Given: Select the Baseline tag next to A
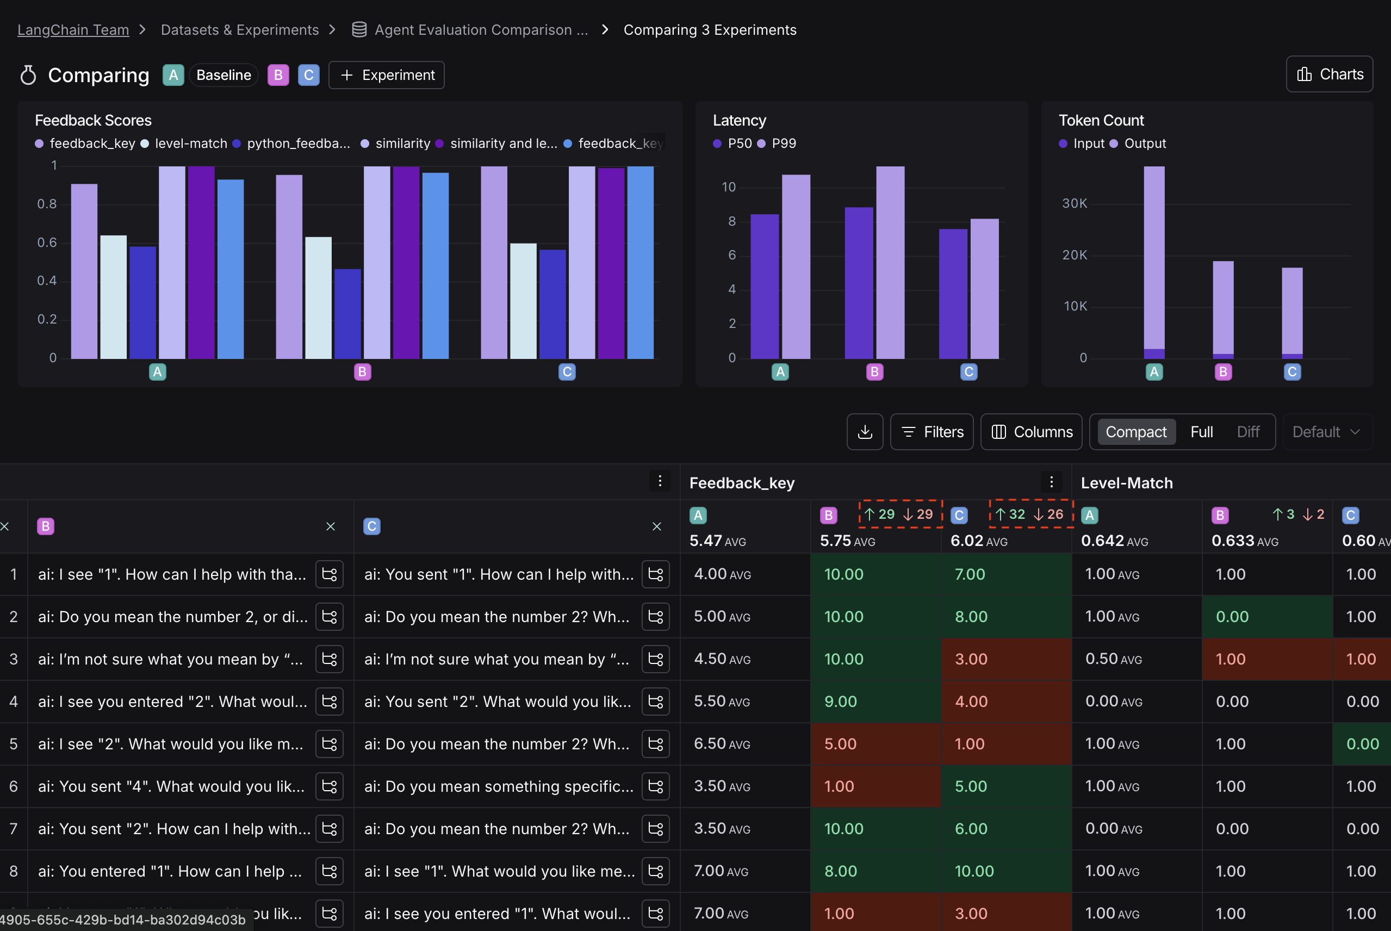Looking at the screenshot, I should [223, 76].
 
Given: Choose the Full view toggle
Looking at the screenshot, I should [1201, 432].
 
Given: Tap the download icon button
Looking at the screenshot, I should [865, 432].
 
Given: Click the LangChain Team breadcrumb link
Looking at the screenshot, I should [73, 30].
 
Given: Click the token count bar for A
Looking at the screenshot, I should [1153, 261].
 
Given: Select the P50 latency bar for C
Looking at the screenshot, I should [952, 293].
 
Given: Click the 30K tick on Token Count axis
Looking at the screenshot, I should [1074, 203].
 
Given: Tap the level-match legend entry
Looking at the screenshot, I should [190, 144].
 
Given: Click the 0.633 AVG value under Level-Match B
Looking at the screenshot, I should [1244, 541].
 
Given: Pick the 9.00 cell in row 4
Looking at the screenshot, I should [840, 701].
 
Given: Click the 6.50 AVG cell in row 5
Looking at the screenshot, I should [721, 743].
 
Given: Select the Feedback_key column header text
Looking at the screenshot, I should [742, 483].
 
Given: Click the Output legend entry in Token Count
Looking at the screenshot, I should [1144, 144].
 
